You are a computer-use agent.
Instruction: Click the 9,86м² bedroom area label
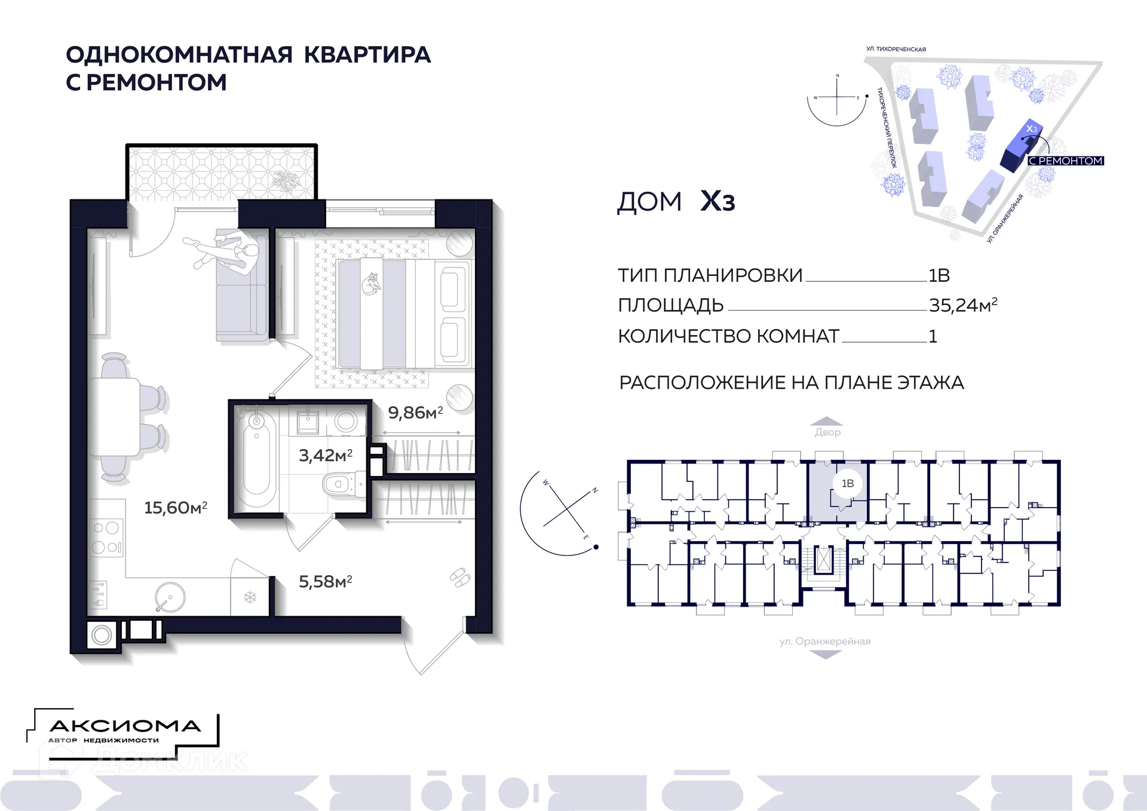click(415, 413)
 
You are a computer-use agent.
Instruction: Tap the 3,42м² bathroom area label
click(326, 456)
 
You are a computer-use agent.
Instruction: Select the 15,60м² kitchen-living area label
click(176, 508)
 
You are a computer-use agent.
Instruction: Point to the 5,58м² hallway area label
click(326, 582)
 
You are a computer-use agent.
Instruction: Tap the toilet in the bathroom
click(341, 483)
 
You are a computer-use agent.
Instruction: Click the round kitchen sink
click(170, 597)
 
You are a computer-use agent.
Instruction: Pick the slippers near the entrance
click(459, 577)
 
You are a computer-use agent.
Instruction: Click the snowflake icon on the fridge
click(250, 597)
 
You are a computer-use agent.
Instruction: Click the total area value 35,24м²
click(962, 305)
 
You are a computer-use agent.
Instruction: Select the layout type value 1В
click(939, 275)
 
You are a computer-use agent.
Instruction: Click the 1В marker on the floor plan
click(847, 484)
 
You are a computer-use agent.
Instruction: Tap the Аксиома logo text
click(124, 726)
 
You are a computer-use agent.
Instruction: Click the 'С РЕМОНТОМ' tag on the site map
click(1065, 161)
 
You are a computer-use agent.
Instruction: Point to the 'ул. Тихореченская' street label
click(896, 49)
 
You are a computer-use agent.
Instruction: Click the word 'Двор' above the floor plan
click(827, 432)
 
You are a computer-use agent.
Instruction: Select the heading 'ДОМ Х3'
click(676, 201)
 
